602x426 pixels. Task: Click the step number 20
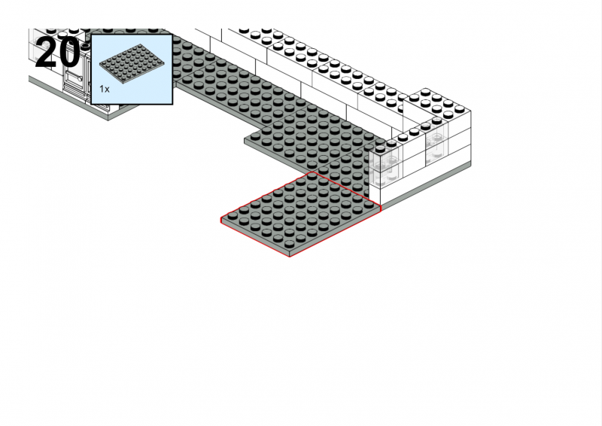58,52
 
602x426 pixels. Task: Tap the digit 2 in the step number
46,52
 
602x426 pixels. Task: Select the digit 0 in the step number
69,52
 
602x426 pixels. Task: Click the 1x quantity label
105,89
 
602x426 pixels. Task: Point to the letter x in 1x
107,90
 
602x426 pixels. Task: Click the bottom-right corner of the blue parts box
173,105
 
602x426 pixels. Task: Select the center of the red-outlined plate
300,214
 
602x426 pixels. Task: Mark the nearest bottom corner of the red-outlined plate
290,257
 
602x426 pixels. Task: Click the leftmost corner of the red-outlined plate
220,220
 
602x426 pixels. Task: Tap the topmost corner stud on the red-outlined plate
312,176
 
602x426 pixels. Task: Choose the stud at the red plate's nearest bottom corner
289,245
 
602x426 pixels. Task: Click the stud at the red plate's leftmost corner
233,215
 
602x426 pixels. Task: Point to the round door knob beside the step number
81,79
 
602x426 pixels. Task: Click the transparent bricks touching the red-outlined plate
385,169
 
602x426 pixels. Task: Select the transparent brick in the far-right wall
436,147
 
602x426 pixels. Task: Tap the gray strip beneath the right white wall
426,187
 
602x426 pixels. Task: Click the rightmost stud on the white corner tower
459,109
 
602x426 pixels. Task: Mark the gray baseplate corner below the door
108,119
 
